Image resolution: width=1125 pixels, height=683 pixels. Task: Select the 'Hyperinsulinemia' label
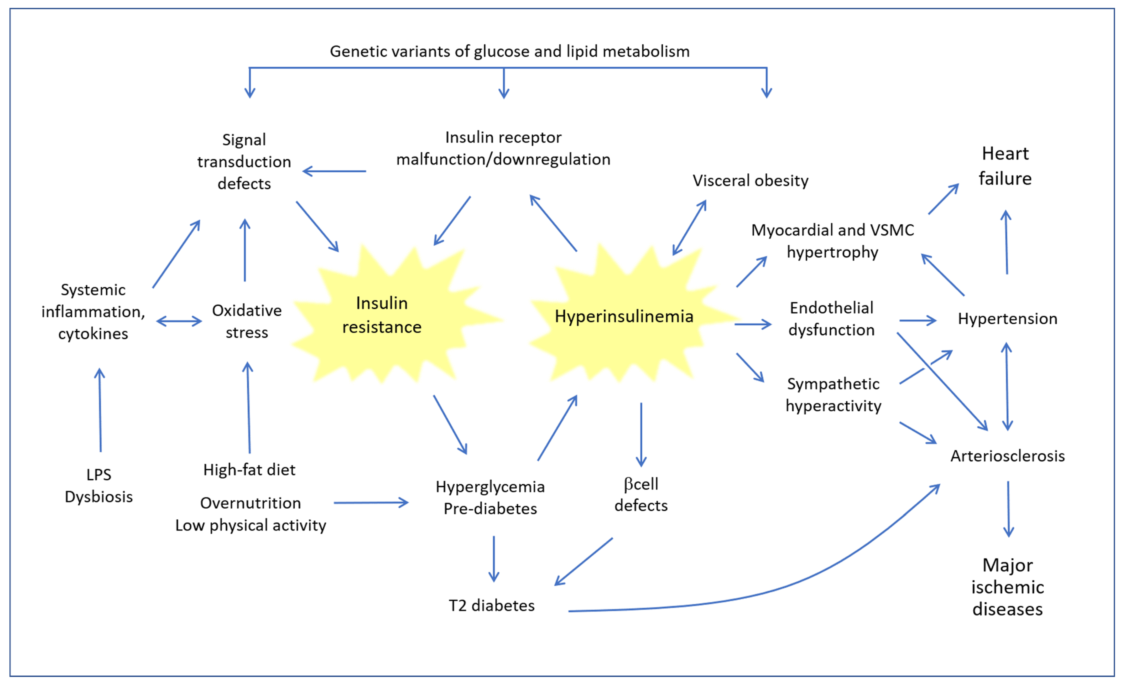click(624, 316)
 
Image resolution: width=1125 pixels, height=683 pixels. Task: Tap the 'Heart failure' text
click(1005, 166)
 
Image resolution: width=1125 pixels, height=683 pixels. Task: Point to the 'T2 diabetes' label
click(492, 605)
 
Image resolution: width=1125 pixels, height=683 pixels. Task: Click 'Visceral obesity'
click(750, 180)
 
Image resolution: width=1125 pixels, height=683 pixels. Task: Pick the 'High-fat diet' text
click(249, 470)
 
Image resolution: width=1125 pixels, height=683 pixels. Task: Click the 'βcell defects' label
click(641, 495)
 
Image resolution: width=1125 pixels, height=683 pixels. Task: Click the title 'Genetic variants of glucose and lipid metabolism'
click(509, 51)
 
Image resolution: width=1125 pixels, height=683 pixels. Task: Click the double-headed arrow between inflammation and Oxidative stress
click(179, 321)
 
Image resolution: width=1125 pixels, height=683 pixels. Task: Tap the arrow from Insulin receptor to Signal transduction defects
click(334, 171)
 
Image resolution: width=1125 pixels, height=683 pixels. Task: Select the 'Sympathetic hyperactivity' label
click(833, 395)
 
